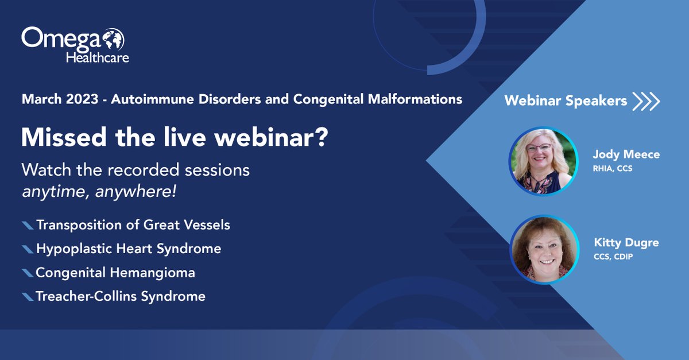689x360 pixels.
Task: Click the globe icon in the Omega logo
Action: coord(114,39)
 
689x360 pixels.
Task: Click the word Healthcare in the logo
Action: coord(98,57)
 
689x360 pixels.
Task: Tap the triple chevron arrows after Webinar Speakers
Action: coord(646,101)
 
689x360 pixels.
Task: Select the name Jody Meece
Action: coord(626,154)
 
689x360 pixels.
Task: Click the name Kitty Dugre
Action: coord(626,243)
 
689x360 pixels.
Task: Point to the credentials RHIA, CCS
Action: coord(613,169)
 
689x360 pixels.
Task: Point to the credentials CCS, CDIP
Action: coord(613,257)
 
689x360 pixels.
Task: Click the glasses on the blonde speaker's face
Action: coord(539,148)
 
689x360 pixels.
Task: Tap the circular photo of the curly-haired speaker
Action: coord(544,249)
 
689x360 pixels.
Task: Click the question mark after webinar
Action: coord(322,137)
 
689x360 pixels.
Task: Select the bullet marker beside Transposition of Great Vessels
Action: coord(28,225)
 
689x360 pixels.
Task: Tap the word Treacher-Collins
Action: coord(86,296)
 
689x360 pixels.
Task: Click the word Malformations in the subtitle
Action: coord(415,99)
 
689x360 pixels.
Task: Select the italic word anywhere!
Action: coord(136,192)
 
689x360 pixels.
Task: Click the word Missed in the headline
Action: coord(64,137)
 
